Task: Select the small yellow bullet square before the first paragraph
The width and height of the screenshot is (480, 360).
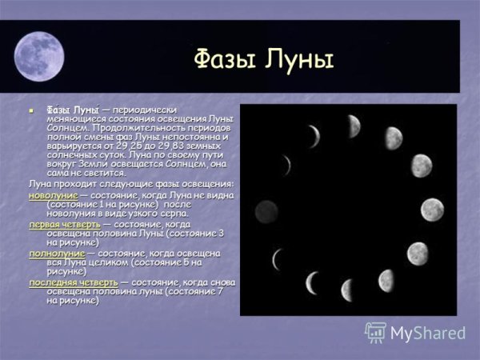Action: point(33,110)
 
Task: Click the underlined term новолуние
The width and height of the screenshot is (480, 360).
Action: point(54,195)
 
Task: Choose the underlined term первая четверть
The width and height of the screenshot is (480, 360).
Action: point(65,225)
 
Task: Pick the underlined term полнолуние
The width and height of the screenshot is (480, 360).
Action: point(57,254)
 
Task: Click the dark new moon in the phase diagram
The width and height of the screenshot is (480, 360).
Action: point(266,211)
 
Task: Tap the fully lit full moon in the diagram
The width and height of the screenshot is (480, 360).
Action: point(432,210)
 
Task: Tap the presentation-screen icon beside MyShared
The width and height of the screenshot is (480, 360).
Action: point(376,333)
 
